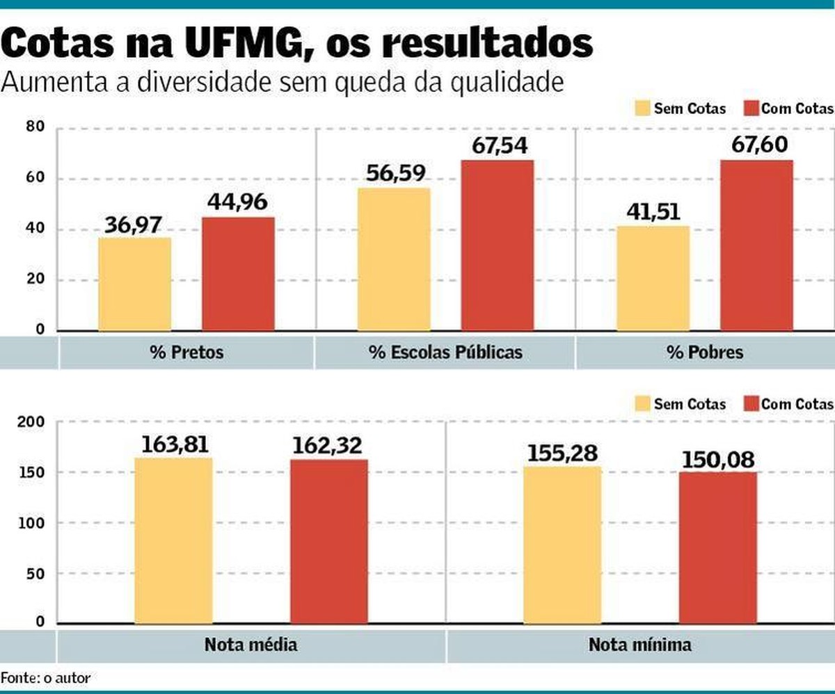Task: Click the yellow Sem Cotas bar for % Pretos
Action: [134, 284]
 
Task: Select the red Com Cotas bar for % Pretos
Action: [238, 274]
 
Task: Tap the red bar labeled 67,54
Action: [497, 245]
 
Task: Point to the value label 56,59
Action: [393, 174]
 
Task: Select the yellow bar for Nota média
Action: [173, 540]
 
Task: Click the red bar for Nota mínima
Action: [718, 547]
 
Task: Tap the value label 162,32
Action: [329, 446]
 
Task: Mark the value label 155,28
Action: [562, 453]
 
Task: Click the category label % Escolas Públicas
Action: [445, 353]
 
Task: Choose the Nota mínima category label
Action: [640, 645]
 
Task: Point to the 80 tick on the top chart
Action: [35, 127]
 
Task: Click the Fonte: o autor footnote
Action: [45, 677]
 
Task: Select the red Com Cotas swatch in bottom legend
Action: [750, 404]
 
